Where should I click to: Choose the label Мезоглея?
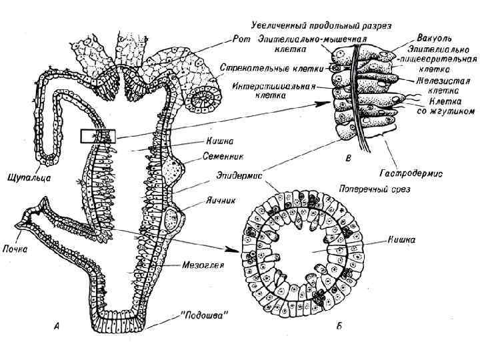pyautogui.click(x=205, y=263)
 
